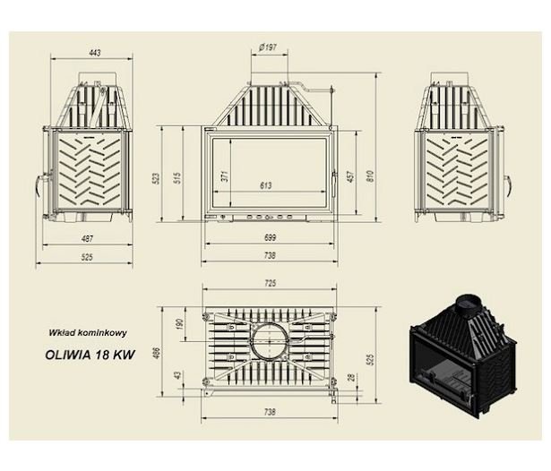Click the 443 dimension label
pyautogui.click(x=95, y=53)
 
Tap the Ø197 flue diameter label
pyautogui.click(x=268, y=47)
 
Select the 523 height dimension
pyautogui.click(x=157, y=178)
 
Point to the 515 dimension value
pyautogui.click(x=177, y=178)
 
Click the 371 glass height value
pyautogui.click(x=225, y=176)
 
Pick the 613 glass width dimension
pyautogui.click(x=266, y=185)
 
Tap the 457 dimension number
pyautogui.click(x=350, y=176)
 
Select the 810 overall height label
pyautogui.click(x=370, y=176)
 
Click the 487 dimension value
pyautogui.click(x=87, y=238)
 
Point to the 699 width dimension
pyautogui.click(x=270, y=237)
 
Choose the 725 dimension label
pyautogui.click(x=270, y=283)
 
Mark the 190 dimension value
pyautogui.click(x=179, y=324)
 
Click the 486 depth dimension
pyautogui.click(x=157, y=354)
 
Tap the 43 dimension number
pyautogui.click(x=178, y=375)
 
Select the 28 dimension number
pyautogui.click(x=350, y=378)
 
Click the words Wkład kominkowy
pyautogui.click(x=88, y=333)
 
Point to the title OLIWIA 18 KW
pyautogui.click(x=90, y=355)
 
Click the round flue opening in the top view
pyautogui.click(x=270, y=341)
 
